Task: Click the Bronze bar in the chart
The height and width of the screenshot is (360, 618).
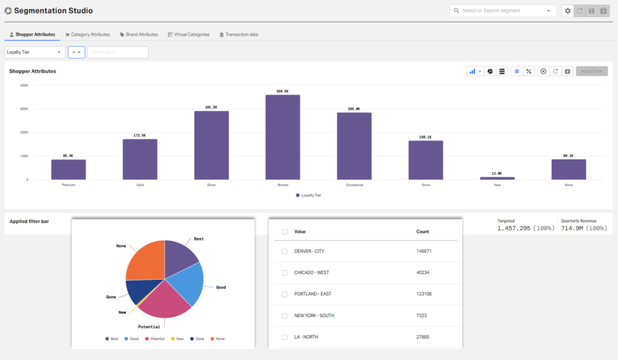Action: coord(283,137)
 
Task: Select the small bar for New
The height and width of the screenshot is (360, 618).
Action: coord(497,178)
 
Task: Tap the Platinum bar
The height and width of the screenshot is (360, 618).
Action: coord(68,170)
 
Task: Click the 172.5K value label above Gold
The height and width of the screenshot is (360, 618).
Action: coord(140,135)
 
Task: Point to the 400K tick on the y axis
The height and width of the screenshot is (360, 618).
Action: coord(24,85)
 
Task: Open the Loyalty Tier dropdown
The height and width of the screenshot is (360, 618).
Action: coord(35,53)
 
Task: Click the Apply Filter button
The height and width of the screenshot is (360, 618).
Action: coord(591,71)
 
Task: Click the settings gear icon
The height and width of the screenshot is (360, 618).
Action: coord(567,11)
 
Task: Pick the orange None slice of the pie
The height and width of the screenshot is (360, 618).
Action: coord(145,260)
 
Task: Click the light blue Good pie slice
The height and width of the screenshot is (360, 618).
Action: coord(185,281)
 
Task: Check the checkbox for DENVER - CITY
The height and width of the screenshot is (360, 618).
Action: coord(285,251)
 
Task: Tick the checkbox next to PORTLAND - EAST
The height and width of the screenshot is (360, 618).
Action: coord(285,294)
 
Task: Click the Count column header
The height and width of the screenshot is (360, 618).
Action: coord(422,231)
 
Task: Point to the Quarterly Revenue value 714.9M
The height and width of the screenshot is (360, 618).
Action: coord(572,228)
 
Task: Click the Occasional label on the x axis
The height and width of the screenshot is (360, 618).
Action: coord(354,185)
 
